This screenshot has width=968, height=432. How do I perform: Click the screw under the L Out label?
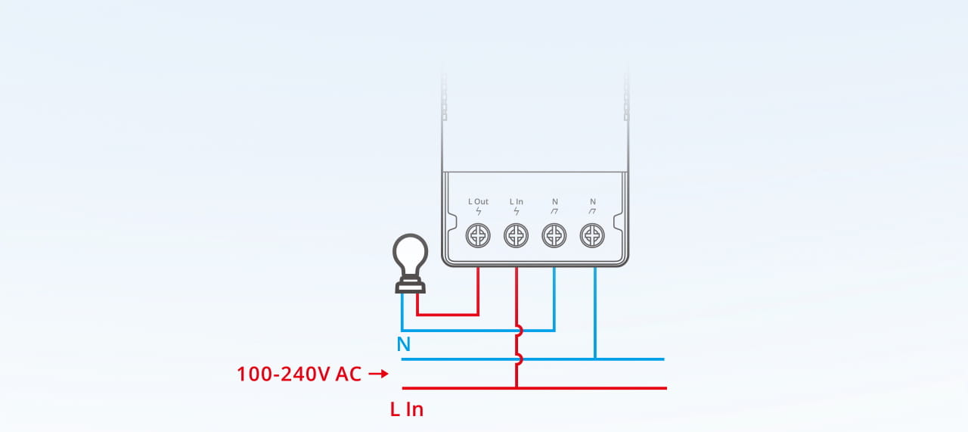[478, 236]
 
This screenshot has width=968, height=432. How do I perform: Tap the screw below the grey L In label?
[516, 236]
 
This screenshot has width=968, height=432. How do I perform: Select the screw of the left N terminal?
[554, 236]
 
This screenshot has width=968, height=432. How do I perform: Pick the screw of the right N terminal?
[592, 236]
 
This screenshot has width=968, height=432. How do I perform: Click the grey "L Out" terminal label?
[478, 201]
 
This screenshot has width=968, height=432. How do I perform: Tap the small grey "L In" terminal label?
[517, 201]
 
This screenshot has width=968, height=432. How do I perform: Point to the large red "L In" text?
[407, 410]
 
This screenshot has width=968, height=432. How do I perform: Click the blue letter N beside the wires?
[404, 345]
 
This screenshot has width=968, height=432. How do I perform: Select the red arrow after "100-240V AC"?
[379, 374]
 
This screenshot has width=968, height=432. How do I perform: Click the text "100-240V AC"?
[299, 374]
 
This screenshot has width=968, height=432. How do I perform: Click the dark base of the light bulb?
[410, 284]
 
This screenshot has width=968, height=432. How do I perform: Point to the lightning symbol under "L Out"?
[478, 211]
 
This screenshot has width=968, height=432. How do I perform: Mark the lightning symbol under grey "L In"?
[517, 211]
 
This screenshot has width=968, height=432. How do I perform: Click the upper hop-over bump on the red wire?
[519, 331]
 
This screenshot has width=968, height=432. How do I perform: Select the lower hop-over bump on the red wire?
[519, 359]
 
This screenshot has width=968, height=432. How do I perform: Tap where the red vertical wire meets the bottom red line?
[517, 388]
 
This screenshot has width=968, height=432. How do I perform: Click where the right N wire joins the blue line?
[595, 359]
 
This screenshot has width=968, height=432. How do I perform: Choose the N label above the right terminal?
[593, 201]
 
